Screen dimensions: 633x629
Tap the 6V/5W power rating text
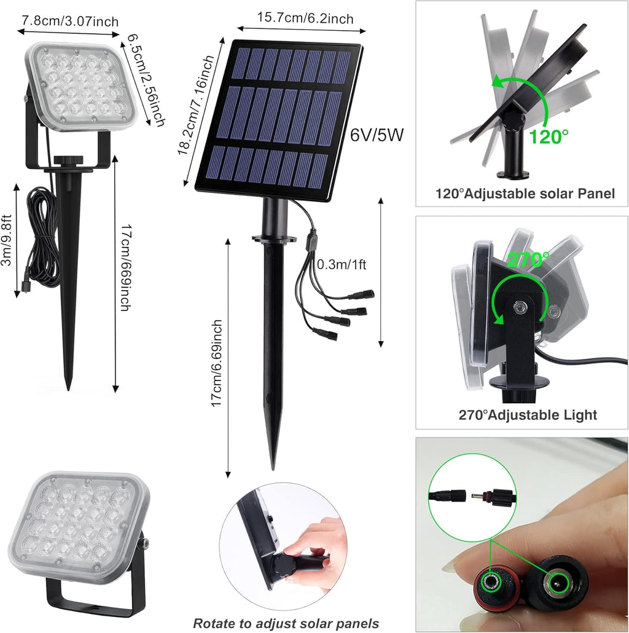point(377,135)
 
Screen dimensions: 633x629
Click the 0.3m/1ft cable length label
point(342,265)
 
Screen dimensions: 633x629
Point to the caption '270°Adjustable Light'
point(528,415)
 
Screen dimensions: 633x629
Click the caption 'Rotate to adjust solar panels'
point(286,623)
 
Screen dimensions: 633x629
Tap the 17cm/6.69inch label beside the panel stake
point(216,368)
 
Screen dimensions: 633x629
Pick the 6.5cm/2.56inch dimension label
point(146,81)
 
